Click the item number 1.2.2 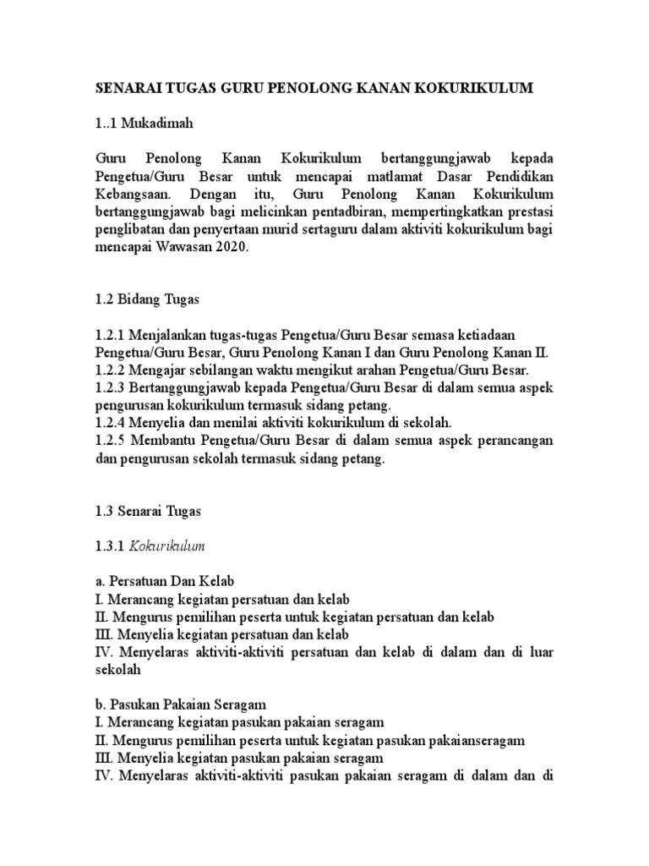coord(112,370)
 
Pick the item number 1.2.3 coord(112,388)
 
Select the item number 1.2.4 coord(112,423)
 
